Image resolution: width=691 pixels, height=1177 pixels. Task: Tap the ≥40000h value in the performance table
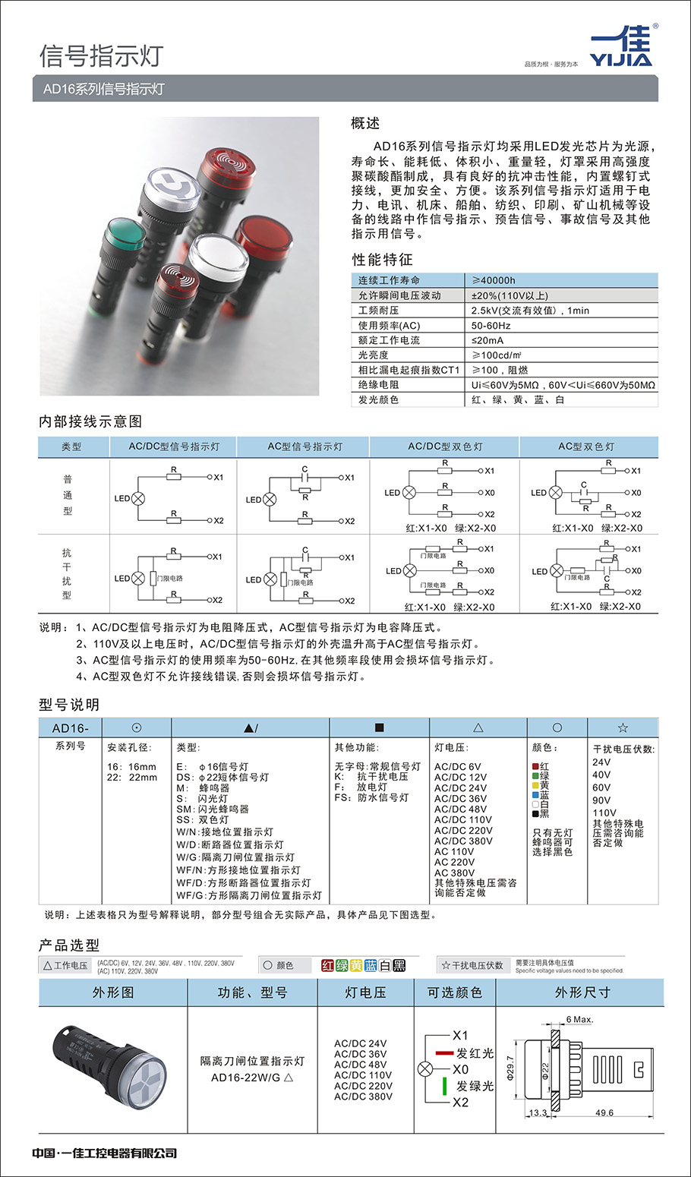pyautogui.click(x=494, y=280)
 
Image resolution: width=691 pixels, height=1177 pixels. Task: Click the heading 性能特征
pyautogui.click(x=382, y=260)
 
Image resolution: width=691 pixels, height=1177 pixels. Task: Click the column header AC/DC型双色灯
pyautogui.click(x=444, y=447)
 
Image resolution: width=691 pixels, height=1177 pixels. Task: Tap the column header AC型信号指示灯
pyautogui.click(x=304, y=447)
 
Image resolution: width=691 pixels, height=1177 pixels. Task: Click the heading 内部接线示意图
pyautogui.click(x=90, y=421)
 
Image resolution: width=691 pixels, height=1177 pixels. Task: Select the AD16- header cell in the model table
pyautogui.click(x=71, y=728)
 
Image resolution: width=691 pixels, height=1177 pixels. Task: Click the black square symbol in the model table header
pyautogui.click(x=380, y=727)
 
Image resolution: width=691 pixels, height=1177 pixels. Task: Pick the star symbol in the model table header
pyautogui.click(x=623, y=727)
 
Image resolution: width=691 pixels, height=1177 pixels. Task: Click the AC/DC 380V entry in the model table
pyautogui.click(x=463, y=841)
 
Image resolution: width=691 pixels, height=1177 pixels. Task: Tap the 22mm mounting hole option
pyautogui.click(x=132, y=778)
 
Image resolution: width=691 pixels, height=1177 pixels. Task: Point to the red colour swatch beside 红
pyautogui.click(x=535, y=767)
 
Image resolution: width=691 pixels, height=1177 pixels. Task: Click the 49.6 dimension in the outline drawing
pyautogui.click(x=604, y=1112)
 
